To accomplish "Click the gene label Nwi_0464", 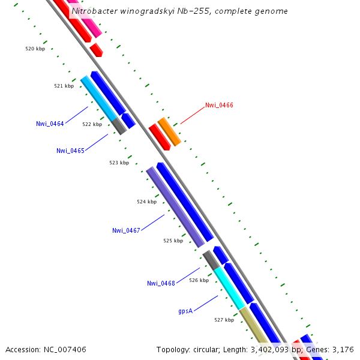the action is [x=50, y=124].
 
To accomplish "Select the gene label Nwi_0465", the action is [x=70, y=151].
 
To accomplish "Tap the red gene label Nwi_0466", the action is [x=219, y=105].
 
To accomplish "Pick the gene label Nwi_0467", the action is [x=126, y=230].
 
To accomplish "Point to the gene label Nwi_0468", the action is [x=161, y=283].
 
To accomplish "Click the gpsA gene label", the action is [x=185, y=311].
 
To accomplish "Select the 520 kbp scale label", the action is [x=35, y=49].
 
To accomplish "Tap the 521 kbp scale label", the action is [x=64, y=86].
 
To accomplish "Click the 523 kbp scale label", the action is [x=119, y=163].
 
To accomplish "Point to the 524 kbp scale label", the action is [x=146, y=202].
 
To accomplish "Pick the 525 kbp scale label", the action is [x=173, y=241].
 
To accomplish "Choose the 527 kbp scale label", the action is [x=224, y=320].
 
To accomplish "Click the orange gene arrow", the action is [x=169, y=131].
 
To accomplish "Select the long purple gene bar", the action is [x=175, y=207].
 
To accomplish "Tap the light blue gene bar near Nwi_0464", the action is [x=99, y=98].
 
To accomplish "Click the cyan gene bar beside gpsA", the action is [x=229, y=288].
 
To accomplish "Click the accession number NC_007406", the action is [x=64, y=349].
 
